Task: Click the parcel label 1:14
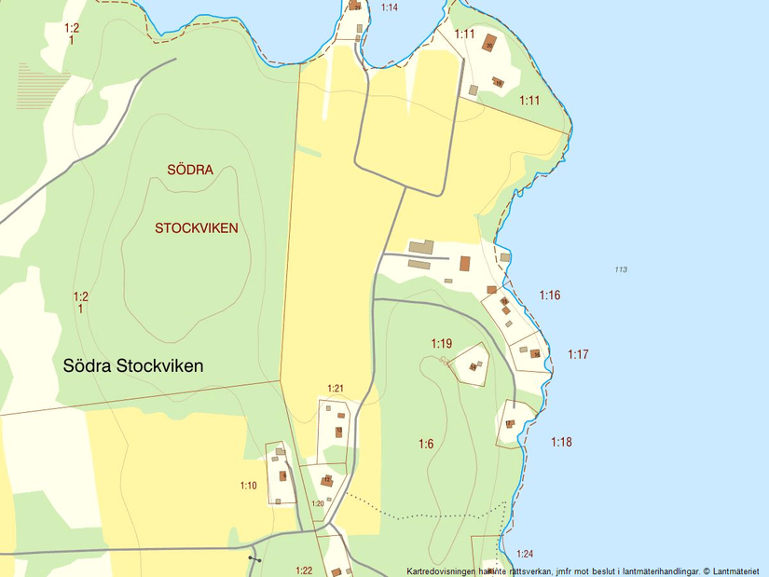[390, 7]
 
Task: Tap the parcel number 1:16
[550, 295]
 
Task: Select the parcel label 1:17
[578, 355]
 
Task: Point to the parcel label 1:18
[561, 443]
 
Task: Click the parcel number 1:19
[441, 344]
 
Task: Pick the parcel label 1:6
[426, 445]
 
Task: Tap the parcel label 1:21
[336, 389]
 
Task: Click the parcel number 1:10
[248, 486]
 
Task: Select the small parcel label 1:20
[317, 503]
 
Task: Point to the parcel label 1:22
[304, 570]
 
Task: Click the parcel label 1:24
[525, 554]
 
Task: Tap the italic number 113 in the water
[621, 270]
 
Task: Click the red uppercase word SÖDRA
[190, 170]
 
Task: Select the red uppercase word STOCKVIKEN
[197, 228]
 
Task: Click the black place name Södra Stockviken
[132, 365]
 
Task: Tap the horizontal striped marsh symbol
[43, 86]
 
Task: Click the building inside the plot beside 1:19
[473, 366]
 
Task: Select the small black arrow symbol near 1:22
[254, 558]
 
